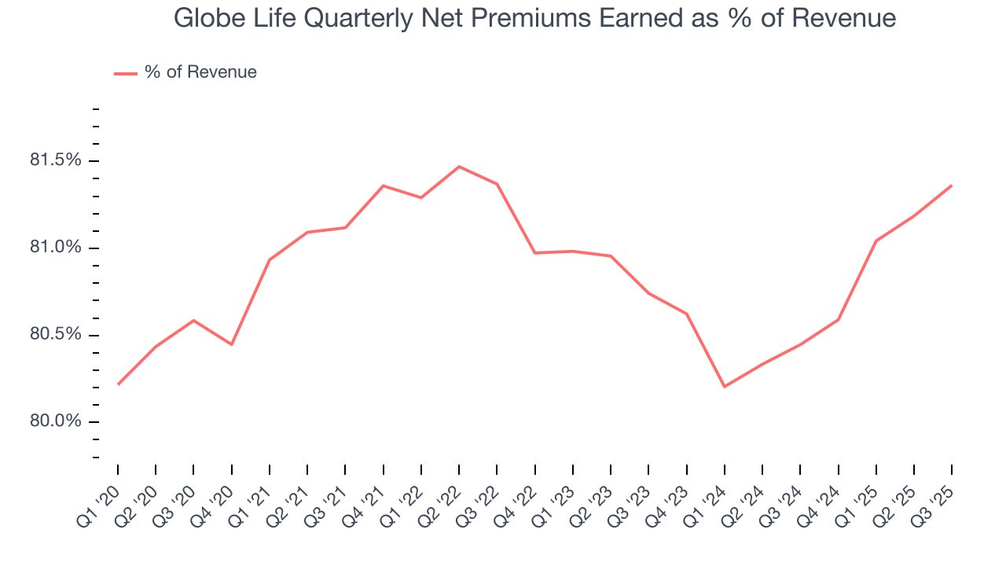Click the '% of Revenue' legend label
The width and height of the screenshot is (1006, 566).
pos(200,72)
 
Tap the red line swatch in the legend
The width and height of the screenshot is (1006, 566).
pos(126,73)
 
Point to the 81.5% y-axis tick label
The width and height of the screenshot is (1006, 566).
pos(55,160)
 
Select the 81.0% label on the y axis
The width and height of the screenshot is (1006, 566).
pos(55,248)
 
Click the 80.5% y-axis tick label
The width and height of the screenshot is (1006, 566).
pos(55,335)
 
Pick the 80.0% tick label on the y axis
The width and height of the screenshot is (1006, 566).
pos(55,422)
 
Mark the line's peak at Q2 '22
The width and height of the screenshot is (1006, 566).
pos(459,167)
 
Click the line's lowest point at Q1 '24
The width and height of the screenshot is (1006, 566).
pos(724,387)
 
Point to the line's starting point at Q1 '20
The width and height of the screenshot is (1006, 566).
pos(118,384)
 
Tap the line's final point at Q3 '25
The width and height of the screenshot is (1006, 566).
pos(952,186)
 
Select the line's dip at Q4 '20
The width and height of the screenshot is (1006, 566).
pos(232,344)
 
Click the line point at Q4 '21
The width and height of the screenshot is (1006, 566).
pos(384,186)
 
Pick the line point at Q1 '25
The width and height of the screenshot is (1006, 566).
pos(876,241)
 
